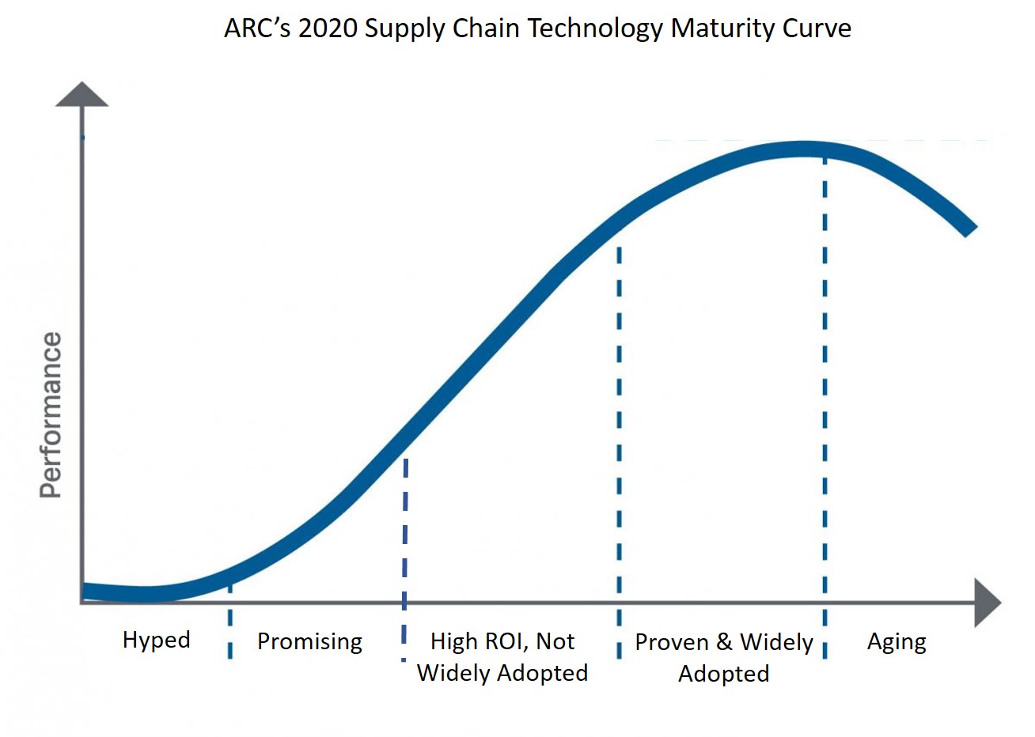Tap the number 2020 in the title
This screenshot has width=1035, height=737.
pyautogui.click(x=328, y=28)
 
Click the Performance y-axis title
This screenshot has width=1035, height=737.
pyautogui.click(x=51, y=415)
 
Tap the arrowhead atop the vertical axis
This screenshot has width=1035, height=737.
pyautogui.click(x=82, y=94)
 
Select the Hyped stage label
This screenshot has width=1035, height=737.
pyautogui.click(x=156, y=639)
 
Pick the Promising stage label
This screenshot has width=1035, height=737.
pyautogui.click(x=309, y=641)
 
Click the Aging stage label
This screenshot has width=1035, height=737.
pyautogui.click(x=896, y=641)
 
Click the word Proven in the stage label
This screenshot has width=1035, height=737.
pyautogui.click(x=671, y=642)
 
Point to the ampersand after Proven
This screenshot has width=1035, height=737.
pyautogui.click(x=723, y=642)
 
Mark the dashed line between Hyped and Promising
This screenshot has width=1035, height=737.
pyautogui.click(x=229, y=625)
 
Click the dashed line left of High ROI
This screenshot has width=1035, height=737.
pyautogui.click(x=404, y=554)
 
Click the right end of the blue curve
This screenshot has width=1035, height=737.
pyautogui.click(x=969, y=229)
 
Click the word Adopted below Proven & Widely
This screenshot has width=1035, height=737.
pyautogui.click(x=723, y=674)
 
